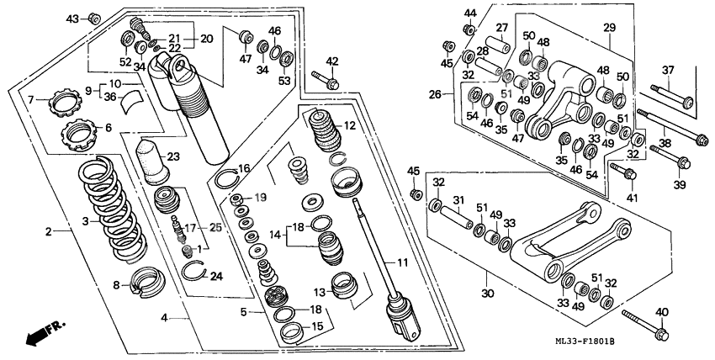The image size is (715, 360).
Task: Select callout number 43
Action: (72, 19)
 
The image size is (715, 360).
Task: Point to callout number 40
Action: (661, 313)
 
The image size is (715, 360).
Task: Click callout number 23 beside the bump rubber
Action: (174, 156)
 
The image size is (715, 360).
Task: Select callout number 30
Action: (487, 294)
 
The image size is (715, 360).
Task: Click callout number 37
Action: (669, 70)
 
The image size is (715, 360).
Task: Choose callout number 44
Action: (469, 13)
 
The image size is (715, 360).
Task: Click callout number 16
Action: (245, 169)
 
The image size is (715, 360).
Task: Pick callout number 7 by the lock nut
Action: (32, 100)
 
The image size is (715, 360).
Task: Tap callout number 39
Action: (680, 184)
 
